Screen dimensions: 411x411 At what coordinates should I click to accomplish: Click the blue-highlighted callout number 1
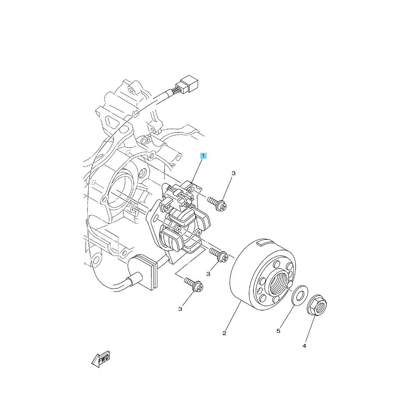(203, 156)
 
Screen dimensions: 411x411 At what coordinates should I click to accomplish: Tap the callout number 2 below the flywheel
(224, 333)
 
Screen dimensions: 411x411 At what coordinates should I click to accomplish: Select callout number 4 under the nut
(304, 346)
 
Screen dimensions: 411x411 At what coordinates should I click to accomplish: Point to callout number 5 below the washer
(278, 331)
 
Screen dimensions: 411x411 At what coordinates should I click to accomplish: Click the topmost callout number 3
(234, 173)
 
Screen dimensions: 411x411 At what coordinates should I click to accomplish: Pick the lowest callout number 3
(180, 309)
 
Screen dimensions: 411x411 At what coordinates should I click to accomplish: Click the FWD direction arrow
(101, 359)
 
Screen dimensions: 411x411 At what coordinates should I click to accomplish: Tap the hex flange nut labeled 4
(316, 306)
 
